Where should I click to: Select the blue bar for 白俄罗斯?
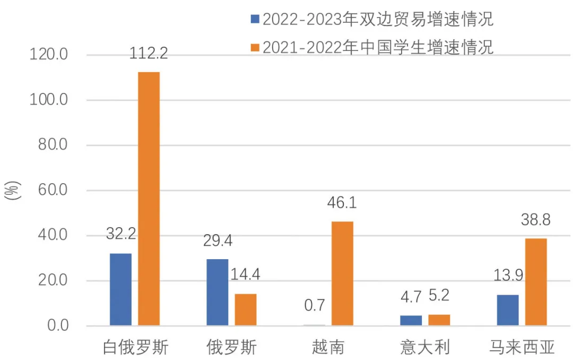120,289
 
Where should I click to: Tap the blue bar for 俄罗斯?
217,292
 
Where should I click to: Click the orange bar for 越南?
342,273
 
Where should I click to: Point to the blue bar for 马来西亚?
508,310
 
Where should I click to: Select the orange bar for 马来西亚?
536,282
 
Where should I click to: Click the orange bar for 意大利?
439,320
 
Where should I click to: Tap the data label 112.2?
149,53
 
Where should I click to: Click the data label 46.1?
342,203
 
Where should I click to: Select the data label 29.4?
218,241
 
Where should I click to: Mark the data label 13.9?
508,277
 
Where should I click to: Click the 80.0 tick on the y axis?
53,145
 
